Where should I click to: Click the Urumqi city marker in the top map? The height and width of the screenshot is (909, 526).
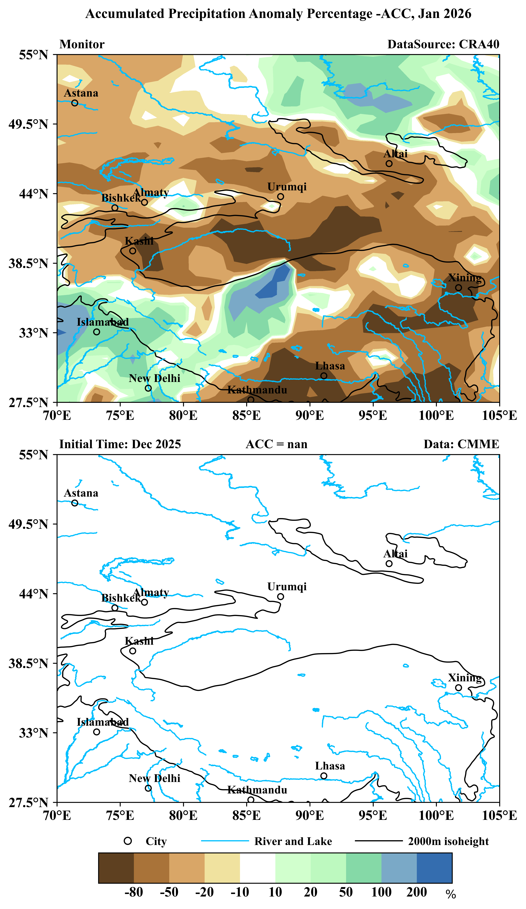coord(280,197)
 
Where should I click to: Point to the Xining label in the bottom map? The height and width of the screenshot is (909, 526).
coord(465,678)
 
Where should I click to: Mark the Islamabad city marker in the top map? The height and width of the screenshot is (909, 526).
coord(96,332)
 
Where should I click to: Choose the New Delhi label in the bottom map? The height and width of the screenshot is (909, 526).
coord(154,778)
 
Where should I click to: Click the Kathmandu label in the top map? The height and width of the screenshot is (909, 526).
coord(257,390)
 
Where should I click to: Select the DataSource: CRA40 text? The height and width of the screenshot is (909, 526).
coord(443,44)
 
